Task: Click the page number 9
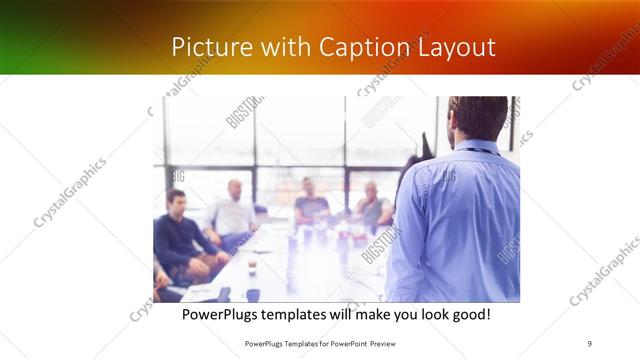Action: (x=590, y=343)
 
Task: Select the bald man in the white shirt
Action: (x=233, y=211)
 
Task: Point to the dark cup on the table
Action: (x=253, y=294)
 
